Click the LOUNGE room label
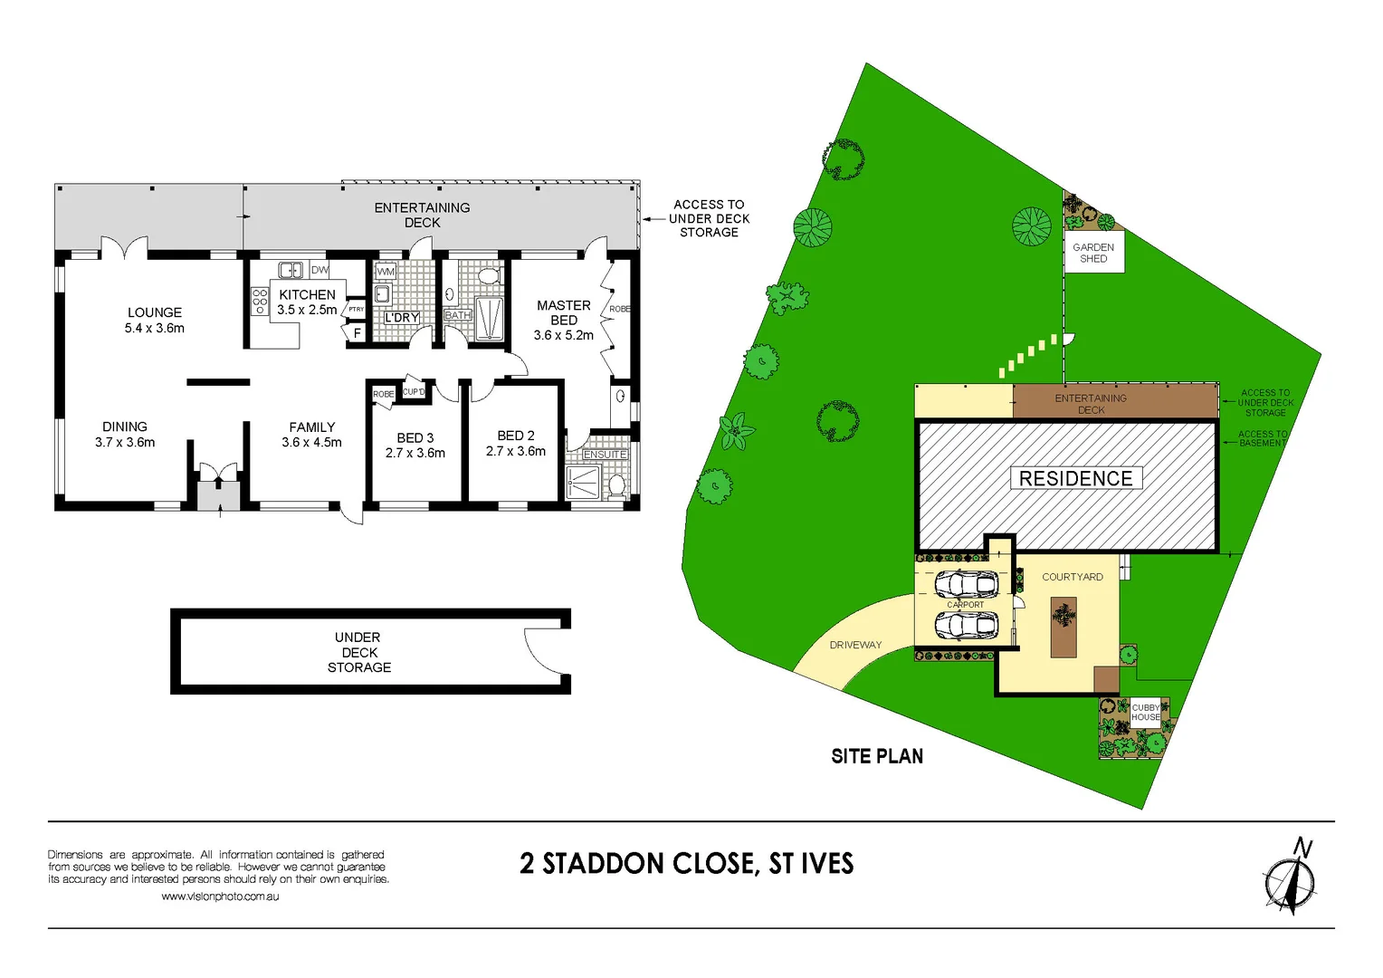point(155,312)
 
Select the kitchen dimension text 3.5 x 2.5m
point(307,310)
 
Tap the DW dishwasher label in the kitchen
point(320,270)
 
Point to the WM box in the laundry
point(386,271)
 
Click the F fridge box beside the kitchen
point(358,333)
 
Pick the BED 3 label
point(415,437)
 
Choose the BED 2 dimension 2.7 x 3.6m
point(516,451)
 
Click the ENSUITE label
point(605,455)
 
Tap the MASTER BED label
point(564,312)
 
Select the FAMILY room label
point(312,427)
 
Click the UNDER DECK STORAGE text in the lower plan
point(359,652)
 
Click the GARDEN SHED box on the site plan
point(1093,253)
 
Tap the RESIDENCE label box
point(1075,478)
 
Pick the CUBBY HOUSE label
point(1146,712)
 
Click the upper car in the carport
point(966,584)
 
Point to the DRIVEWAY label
point(855,645)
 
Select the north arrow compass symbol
point(1291,881)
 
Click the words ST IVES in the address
point(811,863)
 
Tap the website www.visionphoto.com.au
point(220,896)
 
